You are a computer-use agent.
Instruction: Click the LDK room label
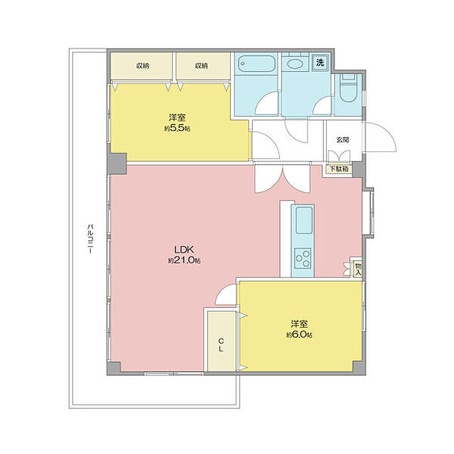coord(184,249)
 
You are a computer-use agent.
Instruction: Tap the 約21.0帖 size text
coord(184,260)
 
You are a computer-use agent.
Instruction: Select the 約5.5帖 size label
coord(178,128)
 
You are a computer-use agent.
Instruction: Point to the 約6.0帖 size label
coord(300,335)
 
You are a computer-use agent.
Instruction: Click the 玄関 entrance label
coord(342,140)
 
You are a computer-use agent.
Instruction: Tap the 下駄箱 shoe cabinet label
coord(339,169)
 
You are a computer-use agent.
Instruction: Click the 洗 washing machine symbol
coord(320,62)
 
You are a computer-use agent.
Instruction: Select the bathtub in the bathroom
coord(256,64)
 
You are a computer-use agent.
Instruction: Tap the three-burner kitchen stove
coord(303,259)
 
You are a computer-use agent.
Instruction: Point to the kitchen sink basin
coord(304,220)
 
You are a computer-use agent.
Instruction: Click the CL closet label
coord(221,344)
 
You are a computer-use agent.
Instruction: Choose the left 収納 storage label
coord(143,66)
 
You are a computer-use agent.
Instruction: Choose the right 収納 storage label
coord(201,66)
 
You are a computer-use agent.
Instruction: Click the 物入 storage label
coord(358,269)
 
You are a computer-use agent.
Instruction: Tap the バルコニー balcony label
coord(90,239)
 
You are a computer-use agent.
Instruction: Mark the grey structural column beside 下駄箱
coord(357,169)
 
